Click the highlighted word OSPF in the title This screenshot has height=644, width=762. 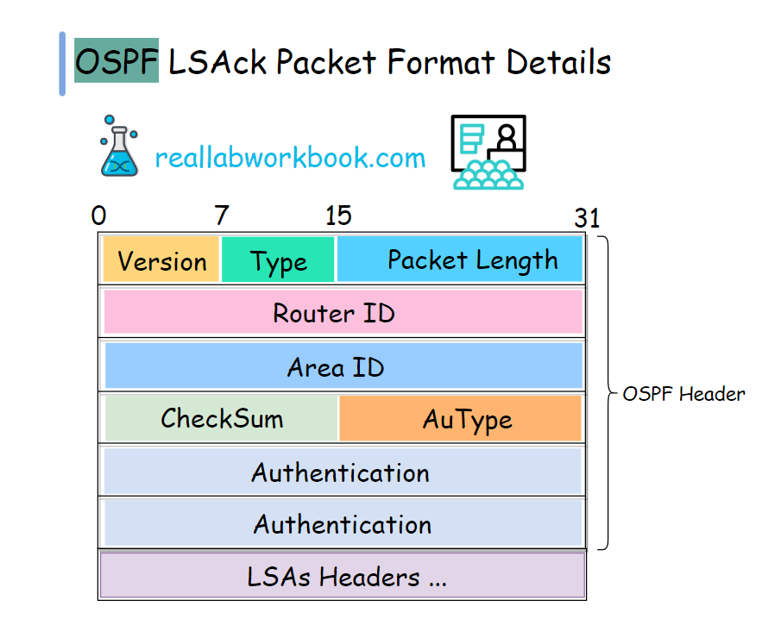pos(117,62)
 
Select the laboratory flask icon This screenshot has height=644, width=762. pos(121,147)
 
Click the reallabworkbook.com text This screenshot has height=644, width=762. pos(290,158)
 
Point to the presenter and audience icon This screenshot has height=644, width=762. pos(488,153)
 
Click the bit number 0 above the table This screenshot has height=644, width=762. pos(98,216)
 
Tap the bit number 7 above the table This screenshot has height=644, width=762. pos(222,216)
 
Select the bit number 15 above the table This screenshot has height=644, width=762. pos(338,216)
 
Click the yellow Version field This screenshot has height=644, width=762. pos(161,260)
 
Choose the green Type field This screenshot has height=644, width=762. pos(278,260)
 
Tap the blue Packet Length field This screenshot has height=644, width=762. pos(460,259)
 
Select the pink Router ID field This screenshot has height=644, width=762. pos(343,312)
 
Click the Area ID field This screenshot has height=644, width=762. pos(343,366)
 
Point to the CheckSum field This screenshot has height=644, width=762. pos(222,418)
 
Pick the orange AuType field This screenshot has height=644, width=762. pos(461,419)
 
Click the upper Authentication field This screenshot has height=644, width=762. pos(343,472)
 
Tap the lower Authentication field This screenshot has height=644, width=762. pos(343,523)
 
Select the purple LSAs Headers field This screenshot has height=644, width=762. pos(343,576)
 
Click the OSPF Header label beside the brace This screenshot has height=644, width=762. pos(683,394)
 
